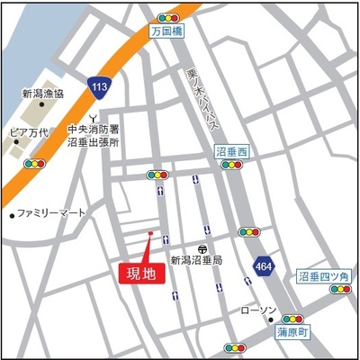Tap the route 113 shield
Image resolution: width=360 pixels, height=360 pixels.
click(101, 87)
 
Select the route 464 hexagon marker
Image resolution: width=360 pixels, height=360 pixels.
click(263, 267)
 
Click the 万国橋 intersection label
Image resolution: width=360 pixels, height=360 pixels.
click(166, 31)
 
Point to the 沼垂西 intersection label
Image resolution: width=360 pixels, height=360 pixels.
click(231, 153)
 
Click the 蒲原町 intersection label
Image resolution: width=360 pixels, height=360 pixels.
click(292, 332)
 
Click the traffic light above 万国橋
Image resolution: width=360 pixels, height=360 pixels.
click(166, 17)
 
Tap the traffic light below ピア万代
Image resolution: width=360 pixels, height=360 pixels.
click(35, 164)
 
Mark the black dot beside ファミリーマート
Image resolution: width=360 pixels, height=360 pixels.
click(11, 214)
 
